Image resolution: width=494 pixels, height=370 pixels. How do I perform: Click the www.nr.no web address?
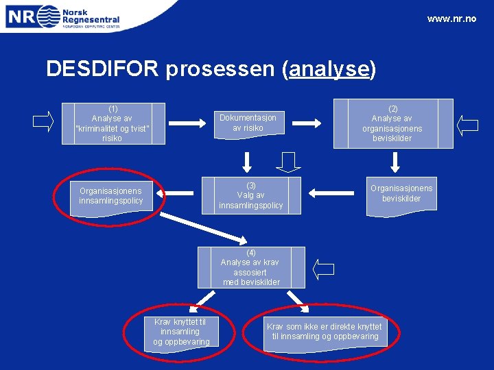[451, 18]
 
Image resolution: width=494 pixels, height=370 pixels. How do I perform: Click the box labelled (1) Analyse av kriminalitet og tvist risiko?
[112, 123]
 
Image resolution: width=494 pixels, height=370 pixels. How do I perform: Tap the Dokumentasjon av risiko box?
[248, 123]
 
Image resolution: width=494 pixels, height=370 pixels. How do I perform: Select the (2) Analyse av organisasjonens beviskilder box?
[392, 123]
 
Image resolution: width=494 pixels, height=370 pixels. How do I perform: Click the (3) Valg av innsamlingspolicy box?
[250, 195]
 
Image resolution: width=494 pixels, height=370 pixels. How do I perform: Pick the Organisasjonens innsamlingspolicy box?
[110, 196]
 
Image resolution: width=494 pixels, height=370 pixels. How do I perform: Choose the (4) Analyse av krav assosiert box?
[251, 267]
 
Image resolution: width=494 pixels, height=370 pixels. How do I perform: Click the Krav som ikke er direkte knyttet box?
[324, 332]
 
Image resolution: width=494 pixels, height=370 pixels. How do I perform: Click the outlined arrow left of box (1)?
[43, 121]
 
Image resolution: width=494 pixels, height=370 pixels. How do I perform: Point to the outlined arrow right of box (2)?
[468, 125]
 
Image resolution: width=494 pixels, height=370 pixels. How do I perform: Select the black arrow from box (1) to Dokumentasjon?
[187, 123]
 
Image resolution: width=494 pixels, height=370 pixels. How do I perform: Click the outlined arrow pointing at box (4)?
[323, 269]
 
